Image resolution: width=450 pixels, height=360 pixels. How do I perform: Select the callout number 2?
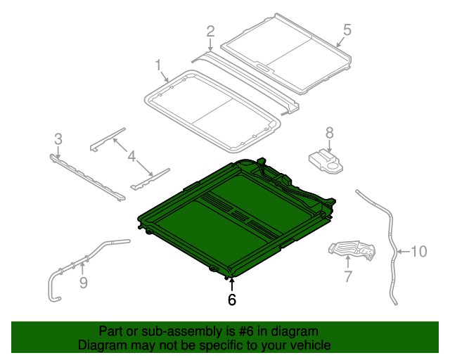click(210, 30)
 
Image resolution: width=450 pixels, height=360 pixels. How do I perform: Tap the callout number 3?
click(58, 138)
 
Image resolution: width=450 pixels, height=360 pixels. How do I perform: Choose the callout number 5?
click(346, 30)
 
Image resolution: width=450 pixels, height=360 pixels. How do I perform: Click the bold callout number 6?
click(232, 300)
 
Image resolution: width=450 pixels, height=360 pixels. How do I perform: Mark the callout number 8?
click(329, 131)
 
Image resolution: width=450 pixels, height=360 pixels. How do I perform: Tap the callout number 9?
click(83, 283)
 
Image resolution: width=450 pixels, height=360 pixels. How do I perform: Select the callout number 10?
click(418, 251)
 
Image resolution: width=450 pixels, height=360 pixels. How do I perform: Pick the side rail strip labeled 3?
click(88, 176)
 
